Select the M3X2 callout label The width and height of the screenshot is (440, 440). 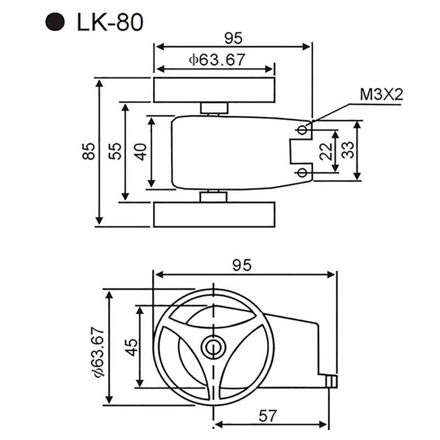click(x=381, y=95)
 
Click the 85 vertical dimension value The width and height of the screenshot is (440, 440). click(x=89, y=151)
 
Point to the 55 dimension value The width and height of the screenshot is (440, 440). click(x=116, y=151)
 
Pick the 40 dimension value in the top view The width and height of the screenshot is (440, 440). click(x=142, y=151)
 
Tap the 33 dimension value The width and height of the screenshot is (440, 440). click(x=348, y=150)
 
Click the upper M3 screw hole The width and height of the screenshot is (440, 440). click(x=302, y=129)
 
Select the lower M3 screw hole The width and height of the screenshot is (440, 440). click(x=302, y=173)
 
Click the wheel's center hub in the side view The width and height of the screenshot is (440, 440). click(x=213, y=346)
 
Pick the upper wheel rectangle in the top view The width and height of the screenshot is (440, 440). click(x=214, y=90)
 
